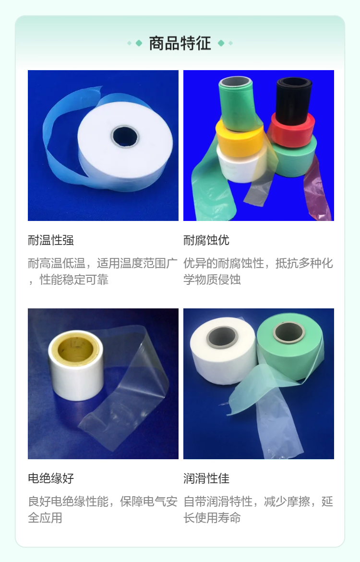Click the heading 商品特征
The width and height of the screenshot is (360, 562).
180,43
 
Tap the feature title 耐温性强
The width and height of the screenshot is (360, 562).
51,240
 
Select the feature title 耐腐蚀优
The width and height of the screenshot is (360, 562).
206,240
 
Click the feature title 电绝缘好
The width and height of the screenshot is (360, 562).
51,478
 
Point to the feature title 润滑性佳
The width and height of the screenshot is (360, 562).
206,478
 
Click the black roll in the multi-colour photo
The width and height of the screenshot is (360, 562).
293,98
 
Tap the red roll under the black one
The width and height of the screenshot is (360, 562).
292,130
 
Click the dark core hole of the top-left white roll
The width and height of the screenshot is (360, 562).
124,136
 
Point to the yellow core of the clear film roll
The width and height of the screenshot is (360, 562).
75,350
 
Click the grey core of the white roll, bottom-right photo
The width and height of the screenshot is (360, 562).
222,337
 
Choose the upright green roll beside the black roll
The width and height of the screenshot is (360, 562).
237,104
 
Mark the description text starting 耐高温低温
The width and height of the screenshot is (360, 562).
103,271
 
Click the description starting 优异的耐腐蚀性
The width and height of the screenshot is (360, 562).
258,271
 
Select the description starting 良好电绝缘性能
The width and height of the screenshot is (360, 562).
103,509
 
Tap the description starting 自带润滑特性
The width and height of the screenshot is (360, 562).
258,509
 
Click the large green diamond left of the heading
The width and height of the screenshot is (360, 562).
139,43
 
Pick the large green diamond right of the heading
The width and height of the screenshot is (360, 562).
221,43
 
